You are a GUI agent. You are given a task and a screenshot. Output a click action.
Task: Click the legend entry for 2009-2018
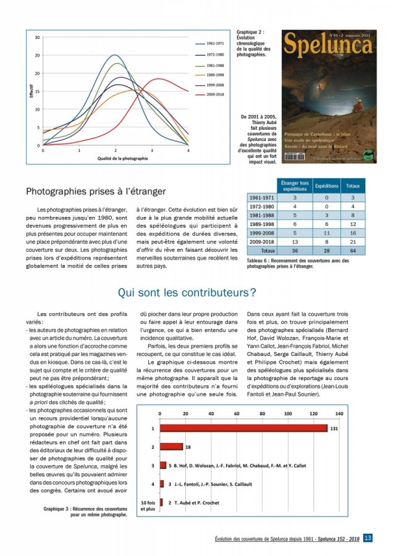point(214,95)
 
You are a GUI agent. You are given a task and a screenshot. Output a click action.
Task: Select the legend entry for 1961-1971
point(214,44)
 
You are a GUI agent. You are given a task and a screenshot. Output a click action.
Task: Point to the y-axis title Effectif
point(31,91)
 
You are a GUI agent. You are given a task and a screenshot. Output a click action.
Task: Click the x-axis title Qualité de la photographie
point(122,159)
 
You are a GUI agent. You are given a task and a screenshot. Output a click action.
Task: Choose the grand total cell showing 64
point(353,252)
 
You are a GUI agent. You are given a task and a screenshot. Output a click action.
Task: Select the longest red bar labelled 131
point(243,428)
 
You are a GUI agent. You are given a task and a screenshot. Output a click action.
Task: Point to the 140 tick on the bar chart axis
point(339,413)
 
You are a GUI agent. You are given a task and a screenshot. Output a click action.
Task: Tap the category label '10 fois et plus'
point(148,506)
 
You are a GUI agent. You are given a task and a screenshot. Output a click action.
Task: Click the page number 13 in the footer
point(367,538)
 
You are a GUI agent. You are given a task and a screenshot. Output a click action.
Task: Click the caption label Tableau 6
point(261,261)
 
